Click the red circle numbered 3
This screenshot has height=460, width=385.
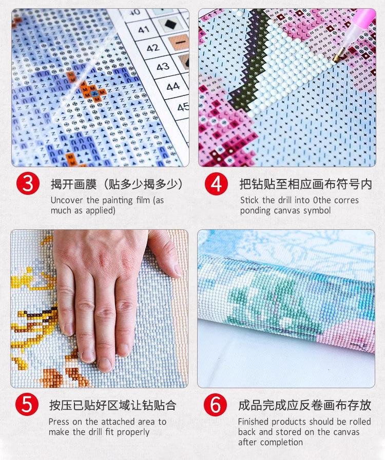click(28, 184)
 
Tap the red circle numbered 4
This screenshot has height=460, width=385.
click(217, 184)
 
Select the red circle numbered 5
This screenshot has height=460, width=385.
click(27, 405)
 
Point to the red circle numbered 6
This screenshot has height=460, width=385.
click(215, 405)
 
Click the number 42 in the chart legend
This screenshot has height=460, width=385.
click(152, 48)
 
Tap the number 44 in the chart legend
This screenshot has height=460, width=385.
click(173, 87)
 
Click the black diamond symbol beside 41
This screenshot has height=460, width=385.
click(170, 24)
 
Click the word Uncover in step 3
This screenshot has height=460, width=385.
click(67, 201)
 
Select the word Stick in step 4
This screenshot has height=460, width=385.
click(249, 201)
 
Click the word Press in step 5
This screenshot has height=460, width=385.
click(59, 422)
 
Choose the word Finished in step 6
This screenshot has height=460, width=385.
click(254, 422)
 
